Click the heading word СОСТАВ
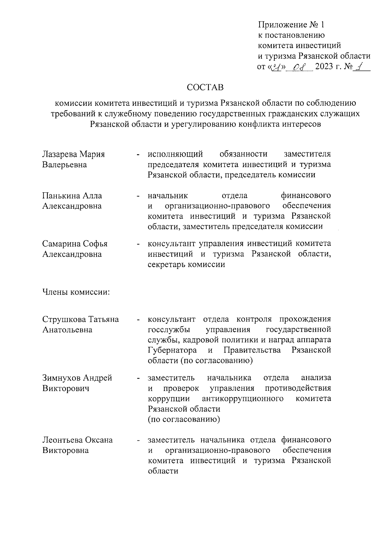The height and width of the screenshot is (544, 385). (x=205, y=88)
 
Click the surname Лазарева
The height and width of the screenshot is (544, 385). (x=60, y=154)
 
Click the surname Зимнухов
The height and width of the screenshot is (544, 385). (x=62, y=378)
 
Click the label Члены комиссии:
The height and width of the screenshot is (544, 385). (x=76, y=292)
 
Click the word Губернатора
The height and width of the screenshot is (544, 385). (x=172, y=350)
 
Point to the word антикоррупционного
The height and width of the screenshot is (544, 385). (x=243, y=398)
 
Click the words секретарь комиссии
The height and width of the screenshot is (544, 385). (x=186, y=264)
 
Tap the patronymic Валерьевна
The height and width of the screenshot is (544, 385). (x=64, y=165)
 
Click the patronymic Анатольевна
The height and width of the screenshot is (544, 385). (x=67, y=330)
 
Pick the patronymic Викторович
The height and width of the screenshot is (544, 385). (x=65, y=389)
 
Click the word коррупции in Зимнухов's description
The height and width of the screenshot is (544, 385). (x=169, y=399)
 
